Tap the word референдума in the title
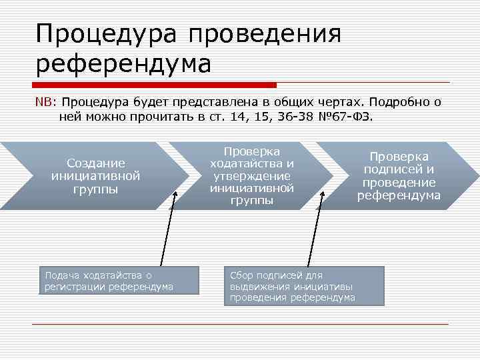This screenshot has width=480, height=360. tap(123, 64)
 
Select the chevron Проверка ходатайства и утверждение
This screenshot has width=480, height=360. tap(251, 176)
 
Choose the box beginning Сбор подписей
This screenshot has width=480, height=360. tap(304, 286)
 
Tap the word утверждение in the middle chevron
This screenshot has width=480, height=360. tap(251, 176)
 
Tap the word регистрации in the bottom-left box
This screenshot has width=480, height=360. tap(75, 287)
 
